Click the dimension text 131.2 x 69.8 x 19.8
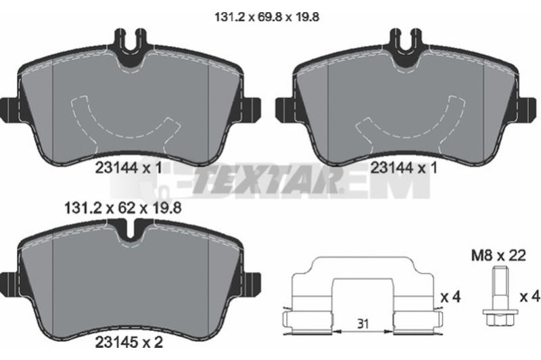point(266,17)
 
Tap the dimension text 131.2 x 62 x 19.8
point(123,208)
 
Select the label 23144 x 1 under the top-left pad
point(128,168)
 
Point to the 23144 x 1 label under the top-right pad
point(404,168)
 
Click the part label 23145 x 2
point(128,342)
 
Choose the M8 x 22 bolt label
point(498,256)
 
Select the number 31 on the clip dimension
point(362,323)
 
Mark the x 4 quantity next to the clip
point(451,297)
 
